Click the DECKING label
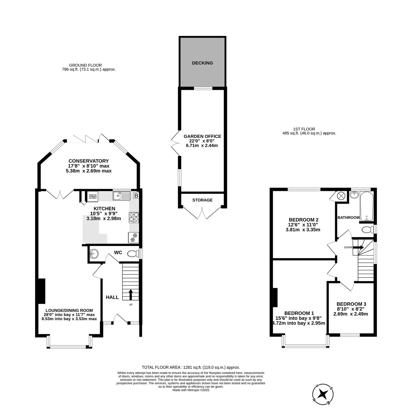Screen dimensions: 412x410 coord(202,63)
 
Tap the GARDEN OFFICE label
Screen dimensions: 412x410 coord(202,136)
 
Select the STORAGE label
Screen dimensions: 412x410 coord(202,200)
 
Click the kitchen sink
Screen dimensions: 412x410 coord(121,196)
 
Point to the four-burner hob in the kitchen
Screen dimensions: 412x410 coord(134,218)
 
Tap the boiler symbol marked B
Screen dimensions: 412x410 coord(136,196)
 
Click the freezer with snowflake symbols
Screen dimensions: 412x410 coord(133,238)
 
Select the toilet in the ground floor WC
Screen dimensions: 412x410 coord(133,254)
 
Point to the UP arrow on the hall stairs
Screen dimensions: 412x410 coord(130,295)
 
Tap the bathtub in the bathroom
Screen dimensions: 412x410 coord(367,206)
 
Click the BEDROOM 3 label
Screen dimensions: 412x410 coord(351,304)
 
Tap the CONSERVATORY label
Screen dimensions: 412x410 coord(89,161)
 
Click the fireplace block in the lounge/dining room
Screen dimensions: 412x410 coord(42,291)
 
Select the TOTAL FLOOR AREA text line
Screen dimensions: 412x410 coord(191,368)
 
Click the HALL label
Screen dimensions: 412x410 coord(112,297)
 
